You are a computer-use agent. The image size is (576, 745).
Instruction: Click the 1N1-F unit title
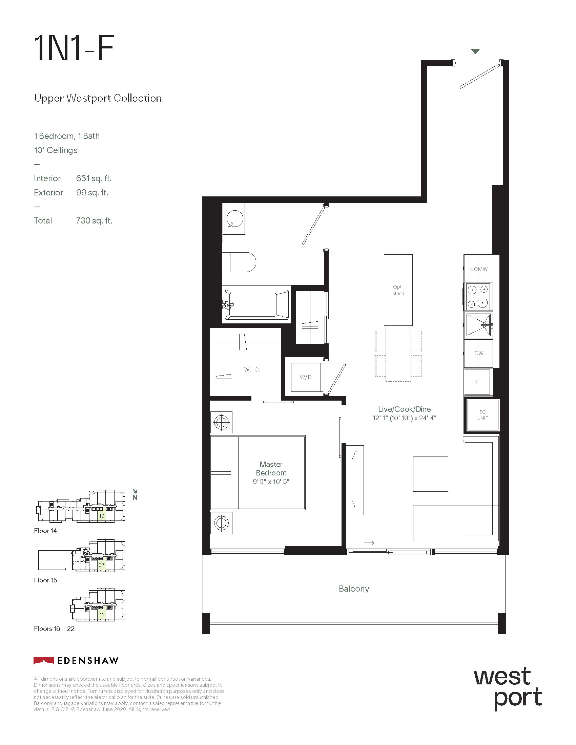(74, 48)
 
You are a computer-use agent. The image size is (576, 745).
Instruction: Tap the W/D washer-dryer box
(306, 377)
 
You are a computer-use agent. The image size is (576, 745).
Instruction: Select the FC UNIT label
(482, 415)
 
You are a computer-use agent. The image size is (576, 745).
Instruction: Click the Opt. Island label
(398, 290)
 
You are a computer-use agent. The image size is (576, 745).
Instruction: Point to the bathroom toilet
(239, 262)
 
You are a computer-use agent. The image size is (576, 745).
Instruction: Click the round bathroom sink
(235, 218)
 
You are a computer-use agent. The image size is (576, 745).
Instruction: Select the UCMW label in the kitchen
(479, 269)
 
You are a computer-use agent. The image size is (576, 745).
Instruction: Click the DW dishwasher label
(479, 354)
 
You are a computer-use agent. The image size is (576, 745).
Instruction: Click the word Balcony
(354, 589)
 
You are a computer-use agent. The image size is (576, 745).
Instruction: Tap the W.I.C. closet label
(252, 369)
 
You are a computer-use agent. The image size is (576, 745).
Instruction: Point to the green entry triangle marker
(475, 51)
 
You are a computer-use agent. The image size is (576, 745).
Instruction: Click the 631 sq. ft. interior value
(94, 178)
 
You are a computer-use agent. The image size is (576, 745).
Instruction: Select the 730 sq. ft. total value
(94, 221)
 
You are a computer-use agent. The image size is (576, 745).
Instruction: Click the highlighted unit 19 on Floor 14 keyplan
(101, 516)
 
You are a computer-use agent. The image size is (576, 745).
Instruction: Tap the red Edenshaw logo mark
(44, 661)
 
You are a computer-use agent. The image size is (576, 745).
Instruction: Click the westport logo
(508, 689)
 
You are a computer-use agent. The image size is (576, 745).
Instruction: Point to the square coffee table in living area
(430, 474)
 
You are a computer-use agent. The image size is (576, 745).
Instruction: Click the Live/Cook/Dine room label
(404, 409)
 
